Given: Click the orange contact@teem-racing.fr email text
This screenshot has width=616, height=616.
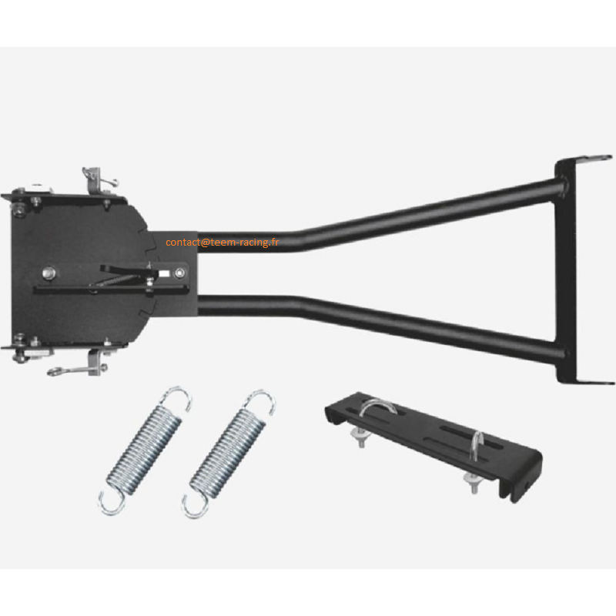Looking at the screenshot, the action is (222, 243).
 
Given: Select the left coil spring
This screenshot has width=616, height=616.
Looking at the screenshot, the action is (145, 450).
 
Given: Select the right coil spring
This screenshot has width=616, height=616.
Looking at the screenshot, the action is (229, 453).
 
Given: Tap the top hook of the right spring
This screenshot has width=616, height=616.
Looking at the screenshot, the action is (261, 400).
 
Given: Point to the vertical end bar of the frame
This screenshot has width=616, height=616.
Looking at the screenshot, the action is (566, 271).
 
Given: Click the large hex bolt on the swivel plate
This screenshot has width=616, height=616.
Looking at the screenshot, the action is (49, 273).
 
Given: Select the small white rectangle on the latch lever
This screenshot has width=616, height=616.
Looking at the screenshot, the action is (164, 273).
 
